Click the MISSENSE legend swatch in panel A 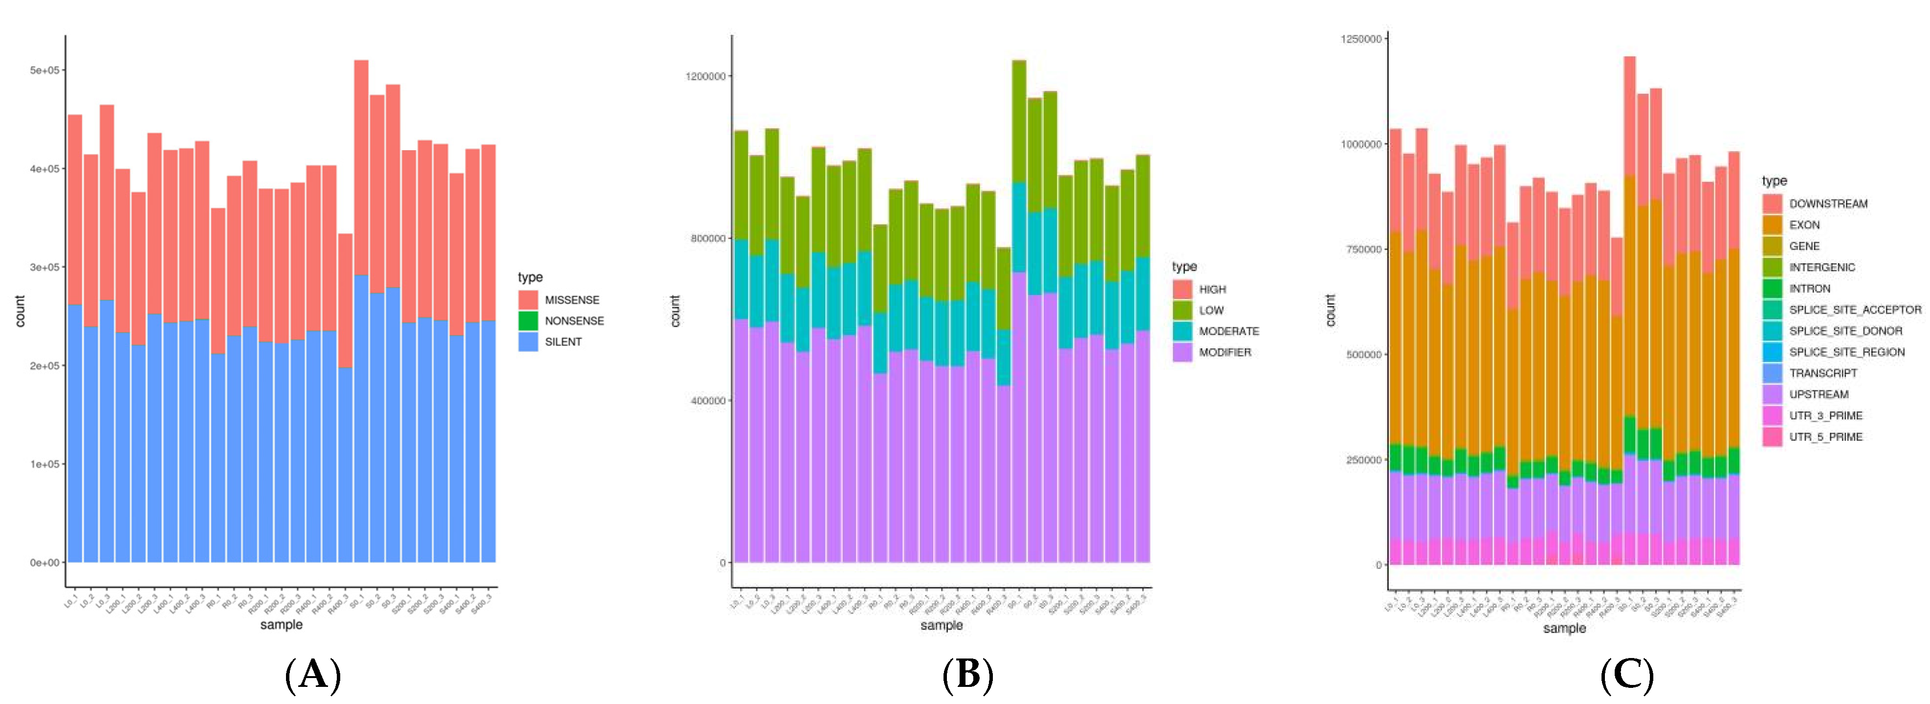coord(528,300)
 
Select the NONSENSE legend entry coord(574,321)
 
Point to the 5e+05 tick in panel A coord(44,70)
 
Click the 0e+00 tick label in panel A coord(44,562)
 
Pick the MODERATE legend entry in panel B coord(1228,331)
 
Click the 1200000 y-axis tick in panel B coord(706,76)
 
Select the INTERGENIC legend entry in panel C coord(1821,268)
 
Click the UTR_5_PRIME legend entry coord(1825,437)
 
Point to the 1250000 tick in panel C coord(1360,39)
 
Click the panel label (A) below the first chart coord(313,674)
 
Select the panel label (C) coord(1626,674)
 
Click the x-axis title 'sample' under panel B coord(941,625)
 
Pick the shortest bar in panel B coord(1003,405)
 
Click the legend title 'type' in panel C coord(1774,181)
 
